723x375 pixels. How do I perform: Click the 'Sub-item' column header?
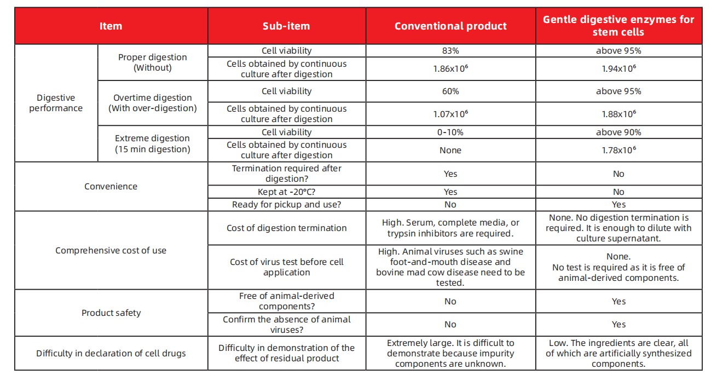[x=286, y=26]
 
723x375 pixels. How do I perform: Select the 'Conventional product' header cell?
[x=450, y=26]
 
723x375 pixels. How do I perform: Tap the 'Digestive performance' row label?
[x=56, y=103]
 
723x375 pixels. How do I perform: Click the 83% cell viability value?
[x=450, y=51]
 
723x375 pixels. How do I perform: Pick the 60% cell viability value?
[x=450, y=91]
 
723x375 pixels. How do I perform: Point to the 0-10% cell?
[x=450, y=132]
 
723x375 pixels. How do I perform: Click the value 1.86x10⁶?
[x=450, y=69]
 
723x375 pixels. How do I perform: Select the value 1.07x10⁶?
[x=450, y=114]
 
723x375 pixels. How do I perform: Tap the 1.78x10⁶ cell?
[x=618, y=150]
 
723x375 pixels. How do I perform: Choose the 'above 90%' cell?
[x=618, y=132]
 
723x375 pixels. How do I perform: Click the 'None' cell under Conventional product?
[x=450, y=150]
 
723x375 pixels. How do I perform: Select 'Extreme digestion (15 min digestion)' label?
[x=152, y=144]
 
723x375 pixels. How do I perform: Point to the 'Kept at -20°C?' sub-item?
[x=286, y=192]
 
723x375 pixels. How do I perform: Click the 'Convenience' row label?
[x=111, y=187]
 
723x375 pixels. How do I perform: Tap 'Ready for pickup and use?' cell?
[x=286, y=204]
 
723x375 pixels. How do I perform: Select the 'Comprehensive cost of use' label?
[x=111, y=251]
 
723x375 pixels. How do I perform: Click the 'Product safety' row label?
[x=111, y=313]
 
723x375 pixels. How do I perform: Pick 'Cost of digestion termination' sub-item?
[x=286, y=228]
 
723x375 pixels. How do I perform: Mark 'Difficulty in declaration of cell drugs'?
[x=111, y=354]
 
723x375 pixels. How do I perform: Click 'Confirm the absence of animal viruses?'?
[x=286, y=325]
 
